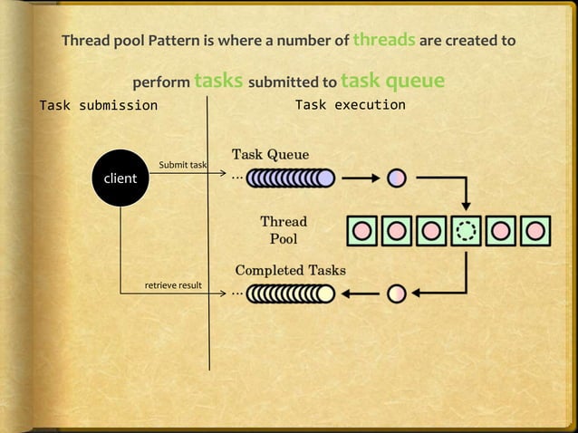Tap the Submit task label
coord(183,165)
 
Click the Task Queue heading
coord(270,154)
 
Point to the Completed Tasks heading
coord(290,270)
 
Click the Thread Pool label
coord(284,230)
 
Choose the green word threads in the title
coord(384,39)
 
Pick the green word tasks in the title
coord(217,81)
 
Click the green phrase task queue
coord(393,81)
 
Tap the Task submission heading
coord(98,105)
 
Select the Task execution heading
coord(351,105)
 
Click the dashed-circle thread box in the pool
coord(466,230)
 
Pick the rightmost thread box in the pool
coord(535,230)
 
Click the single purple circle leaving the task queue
coord(396,178)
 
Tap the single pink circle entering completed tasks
coord(396,293)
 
